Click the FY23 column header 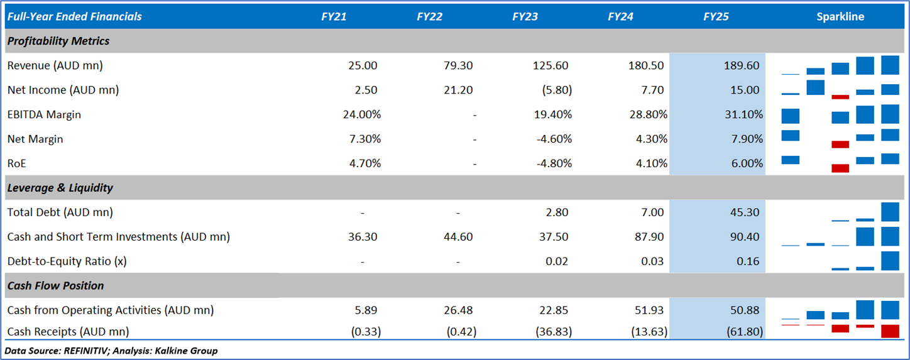[x=525, y=17]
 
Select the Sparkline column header [x=840, y=17]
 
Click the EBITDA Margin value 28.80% [x=647, y=114]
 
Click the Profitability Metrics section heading [x=58, y=41]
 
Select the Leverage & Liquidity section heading [x=60, y=188]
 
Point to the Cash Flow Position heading [x=56, y=286]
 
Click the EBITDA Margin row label [x=44, y=114]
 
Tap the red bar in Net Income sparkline [x=840, y=97]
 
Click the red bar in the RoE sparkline [x=840, y=168]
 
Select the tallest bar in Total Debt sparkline [x=891, y=212]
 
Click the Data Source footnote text [x=111, y=351]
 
